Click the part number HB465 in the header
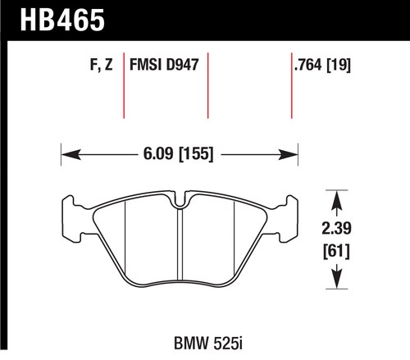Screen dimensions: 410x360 coord(62,20)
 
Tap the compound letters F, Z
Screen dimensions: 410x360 coord(101,65)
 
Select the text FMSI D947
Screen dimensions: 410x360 coord(164,65)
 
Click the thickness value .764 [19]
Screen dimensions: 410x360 coord(322,65)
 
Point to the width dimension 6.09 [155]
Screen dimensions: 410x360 coord(178,153)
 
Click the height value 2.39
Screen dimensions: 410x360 coord(336,228)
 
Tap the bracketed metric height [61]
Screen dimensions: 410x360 coord(336,252)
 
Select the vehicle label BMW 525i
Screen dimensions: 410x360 coord(208,344)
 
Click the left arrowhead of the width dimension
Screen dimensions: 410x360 coord(71,154)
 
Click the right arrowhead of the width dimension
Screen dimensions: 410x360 coord(288,154)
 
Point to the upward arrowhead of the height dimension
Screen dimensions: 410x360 coord(337,200)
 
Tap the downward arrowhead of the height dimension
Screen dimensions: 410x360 coord(337,279)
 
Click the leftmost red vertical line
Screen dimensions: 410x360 coord(124,85)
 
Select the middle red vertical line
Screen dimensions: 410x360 coord(207,85)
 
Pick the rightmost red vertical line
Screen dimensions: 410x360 coord(292,85)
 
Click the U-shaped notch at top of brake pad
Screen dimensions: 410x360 coord(180,202)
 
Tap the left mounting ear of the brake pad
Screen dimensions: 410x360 coord(72,219)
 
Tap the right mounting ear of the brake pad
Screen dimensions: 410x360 coord(287,219)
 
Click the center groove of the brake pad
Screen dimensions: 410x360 coord(180,244)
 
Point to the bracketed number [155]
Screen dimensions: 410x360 coord(196,154)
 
